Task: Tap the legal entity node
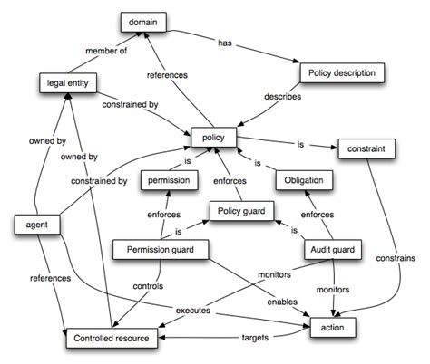coord(66,84)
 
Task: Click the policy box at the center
coord(213,138)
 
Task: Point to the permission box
coord(170,180)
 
